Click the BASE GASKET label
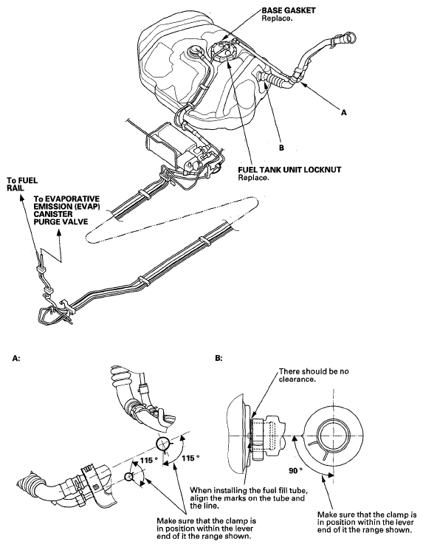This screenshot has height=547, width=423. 289,10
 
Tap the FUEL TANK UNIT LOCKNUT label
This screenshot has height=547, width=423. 289,170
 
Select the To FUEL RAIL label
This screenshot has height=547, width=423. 22,185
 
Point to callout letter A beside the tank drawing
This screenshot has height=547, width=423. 344,113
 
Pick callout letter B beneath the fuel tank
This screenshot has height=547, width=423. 281,148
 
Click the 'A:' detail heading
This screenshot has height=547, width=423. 16,358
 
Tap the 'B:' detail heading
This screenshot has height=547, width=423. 219,358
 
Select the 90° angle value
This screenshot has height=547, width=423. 295,471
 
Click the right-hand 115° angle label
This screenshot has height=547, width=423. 190,458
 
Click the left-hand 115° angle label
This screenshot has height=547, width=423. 148,461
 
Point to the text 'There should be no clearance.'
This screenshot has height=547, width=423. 314,375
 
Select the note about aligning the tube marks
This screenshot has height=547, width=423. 250,498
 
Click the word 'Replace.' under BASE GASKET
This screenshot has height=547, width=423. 277,18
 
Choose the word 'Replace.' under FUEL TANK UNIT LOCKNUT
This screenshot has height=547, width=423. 253,178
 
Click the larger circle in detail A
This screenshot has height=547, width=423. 162,444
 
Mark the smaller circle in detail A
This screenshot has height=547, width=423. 129,477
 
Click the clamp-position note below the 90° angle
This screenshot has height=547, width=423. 367,522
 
